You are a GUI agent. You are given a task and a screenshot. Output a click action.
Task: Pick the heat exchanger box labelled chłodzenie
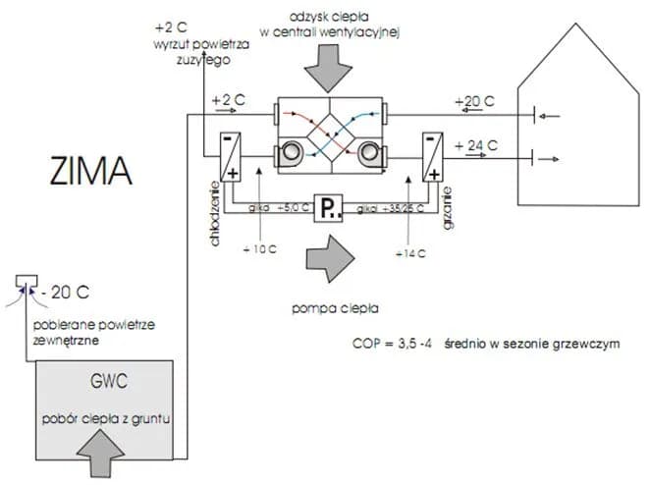tap(232, 156)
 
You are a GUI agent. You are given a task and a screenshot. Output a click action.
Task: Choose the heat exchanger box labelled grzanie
tap(432, 156)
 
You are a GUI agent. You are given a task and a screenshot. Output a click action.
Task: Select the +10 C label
tap(258, 249)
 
